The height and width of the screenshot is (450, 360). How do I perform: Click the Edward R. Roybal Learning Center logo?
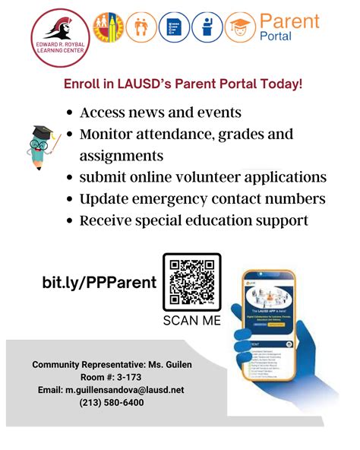pyautogui.click(x=58, y=35)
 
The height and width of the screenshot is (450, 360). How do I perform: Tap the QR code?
pyautogui.click(x=192, y=281)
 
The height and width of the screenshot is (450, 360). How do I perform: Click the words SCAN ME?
pyautogui.click(x=192, y=321)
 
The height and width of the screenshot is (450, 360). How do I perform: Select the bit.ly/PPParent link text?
pyautogui.click(x=99, y=283)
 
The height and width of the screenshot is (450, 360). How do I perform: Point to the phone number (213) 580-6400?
pyautogui.click(x=111, y=402)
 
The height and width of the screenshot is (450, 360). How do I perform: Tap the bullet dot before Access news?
pyautogui.click(x=69, y=113)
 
